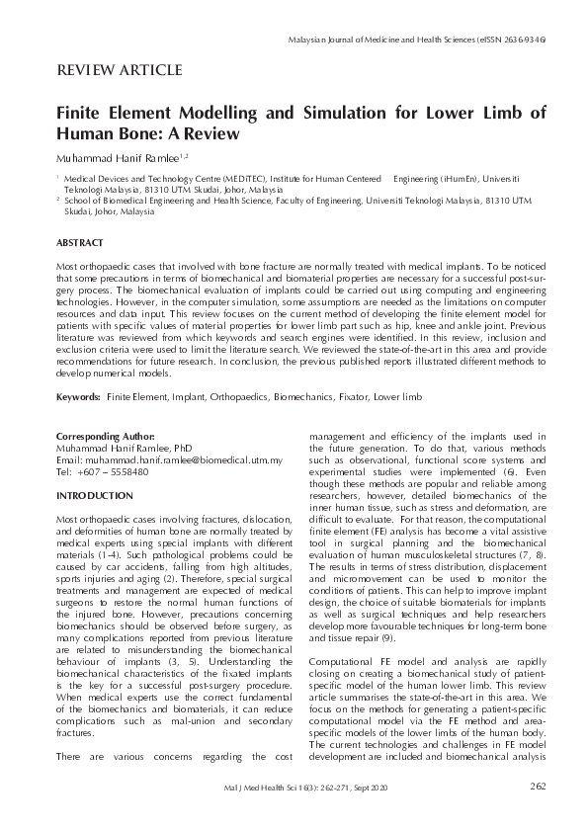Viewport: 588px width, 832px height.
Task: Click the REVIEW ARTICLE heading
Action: click(x=120, y=70)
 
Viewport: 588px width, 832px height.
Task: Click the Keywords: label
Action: click(x=78, y=396)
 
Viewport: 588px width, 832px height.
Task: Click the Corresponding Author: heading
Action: click(x=105, y=436)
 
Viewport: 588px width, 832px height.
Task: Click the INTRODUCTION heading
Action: click(x=96, y=494)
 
